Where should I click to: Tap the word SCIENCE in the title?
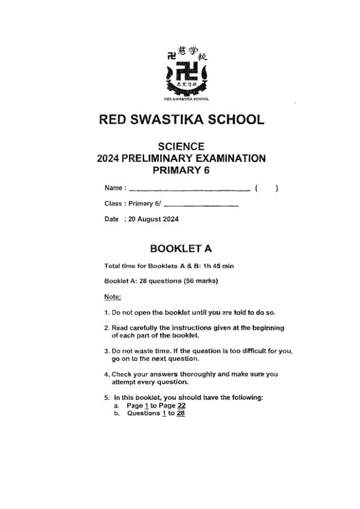click(x=181, y=146)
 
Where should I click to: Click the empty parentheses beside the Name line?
click(x=266, y=189)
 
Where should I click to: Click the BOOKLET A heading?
click(x=181, y=248)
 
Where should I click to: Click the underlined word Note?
click(x=112, y=297)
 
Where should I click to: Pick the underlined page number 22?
click(x=173, y=406)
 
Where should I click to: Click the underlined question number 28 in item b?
click(x=181, y=413)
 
